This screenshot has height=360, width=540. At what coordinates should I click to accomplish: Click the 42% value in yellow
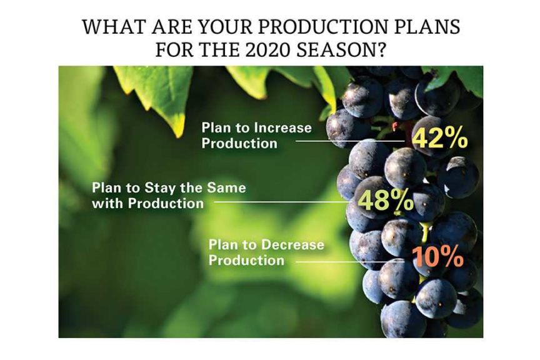pyautogui.click(x=439, y=137)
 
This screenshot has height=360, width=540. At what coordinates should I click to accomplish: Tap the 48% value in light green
pyautogui.click(x=385, y=201)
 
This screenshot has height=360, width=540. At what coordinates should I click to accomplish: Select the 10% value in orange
pyautogui.click(x=437, y=257)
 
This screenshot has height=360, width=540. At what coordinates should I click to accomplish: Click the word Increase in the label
pyautogui.click(x=281, y=127)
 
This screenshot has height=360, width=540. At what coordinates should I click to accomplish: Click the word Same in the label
pyautogui.click(x=227, y=187)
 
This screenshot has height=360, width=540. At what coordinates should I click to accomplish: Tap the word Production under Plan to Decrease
pyautogui.click(x=246, y=260)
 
